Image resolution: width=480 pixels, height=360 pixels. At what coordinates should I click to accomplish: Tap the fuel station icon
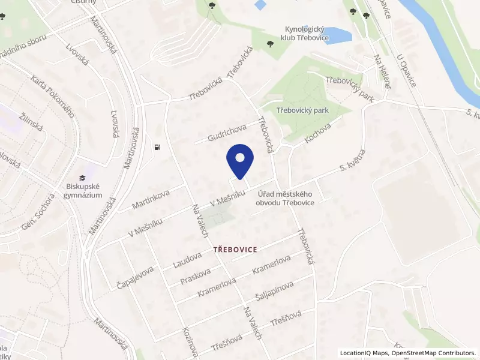tap(157, 147)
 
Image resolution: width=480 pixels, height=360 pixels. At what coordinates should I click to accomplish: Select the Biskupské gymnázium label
tap(84, 191)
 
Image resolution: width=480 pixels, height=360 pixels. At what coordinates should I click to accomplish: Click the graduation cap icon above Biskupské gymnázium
tap(82, 176)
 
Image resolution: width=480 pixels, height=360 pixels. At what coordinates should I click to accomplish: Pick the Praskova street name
tap(196, 277)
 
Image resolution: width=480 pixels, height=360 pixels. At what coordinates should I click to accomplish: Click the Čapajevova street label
tap(135, 278)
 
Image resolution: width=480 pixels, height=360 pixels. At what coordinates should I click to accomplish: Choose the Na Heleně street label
tap(382, 71)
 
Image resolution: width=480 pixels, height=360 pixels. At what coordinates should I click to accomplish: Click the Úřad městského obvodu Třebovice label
tap(286, 198)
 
